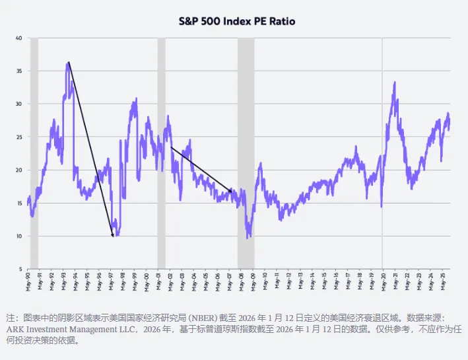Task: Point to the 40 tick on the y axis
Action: pyautogui.click(x=19, y=38)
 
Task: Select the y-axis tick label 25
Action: pyautogui.click(x=19, y=137)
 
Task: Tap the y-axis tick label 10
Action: pyautogui.click(x=19, y=236)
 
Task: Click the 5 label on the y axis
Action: pyautogui.click(x=20, y=269)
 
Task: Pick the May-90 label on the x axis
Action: pyautogui.click(x=28, y=280)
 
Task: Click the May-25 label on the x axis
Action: pyautogui.click(x=442, y=280)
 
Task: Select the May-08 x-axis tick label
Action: pyautogui.click(x=241, y=280)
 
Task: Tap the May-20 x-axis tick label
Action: pyautogui.click(x=383, y=280)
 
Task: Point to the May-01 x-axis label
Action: pyautogui.click(x=158, y=280)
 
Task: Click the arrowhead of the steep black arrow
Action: pyautogui.click(x=113, y=234)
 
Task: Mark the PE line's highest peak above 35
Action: pyautogui.click(x=68, y=63)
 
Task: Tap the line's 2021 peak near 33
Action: pyautogui.click(x=395, y=83)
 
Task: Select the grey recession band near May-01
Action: pyautogui.click(x=161, y=152)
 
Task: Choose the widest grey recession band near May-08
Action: pyautogui.click(x=246, y=152)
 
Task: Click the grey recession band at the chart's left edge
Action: pyautogui.click(x=34, y=152)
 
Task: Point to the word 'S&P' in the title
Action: pyautogui.click(x=190, y=21)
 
